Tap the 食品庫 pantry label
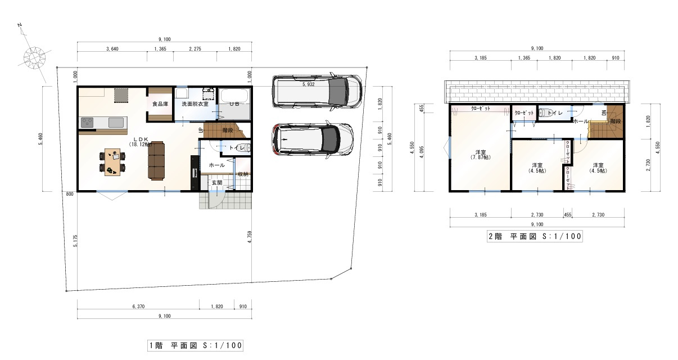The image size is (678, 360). click(160, 104)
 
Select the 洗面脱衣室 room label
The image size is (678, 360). click(195, 104)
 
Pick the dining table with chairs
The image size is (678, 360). click(111, 161)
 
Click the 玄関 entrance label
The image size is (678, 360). click(217, 182)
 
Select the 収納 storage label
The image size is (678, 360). click(243, 174)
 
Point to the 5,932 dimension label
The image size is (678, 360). click(308, 84)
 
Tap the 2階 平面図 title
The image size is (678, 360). click(535, 237)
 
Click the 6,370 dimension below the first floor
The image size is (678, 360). click(138, 307)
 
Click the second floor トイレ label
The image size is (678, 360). click(555, 114)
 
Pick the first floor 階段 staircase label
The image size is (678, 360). click(228, 129)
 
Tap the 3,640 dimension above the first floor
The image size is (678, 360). click(112, 50)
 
